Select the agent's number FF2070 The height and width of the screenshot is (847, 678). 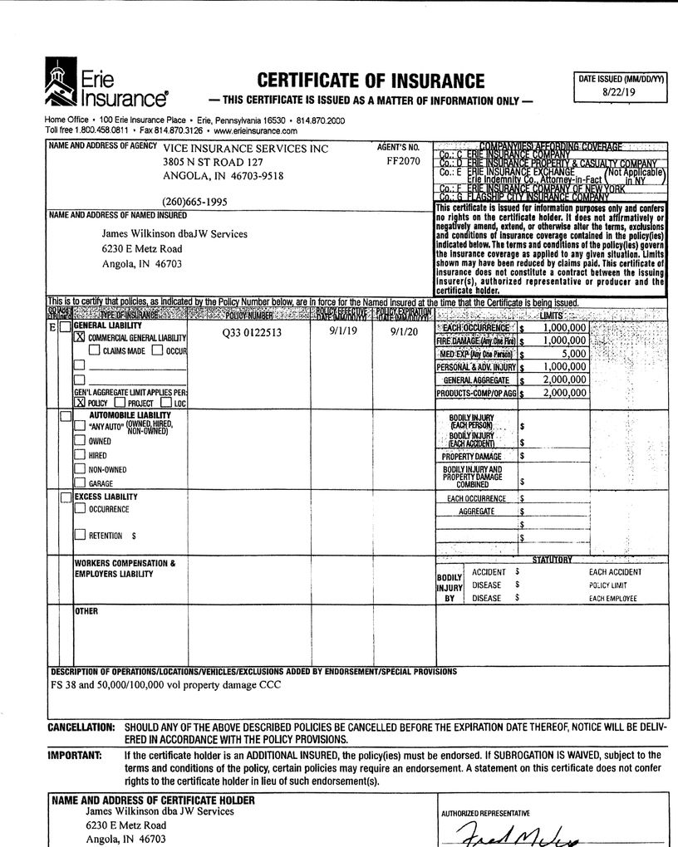click(x=404, y=161)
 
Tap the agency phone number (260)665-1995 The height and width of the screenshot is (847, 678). click(x=194, y=202)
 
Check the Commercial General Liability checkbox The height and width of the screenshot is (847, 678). click(x=81, y=338)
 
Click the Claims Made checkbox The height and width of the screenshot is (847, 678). click(x=95, y=350)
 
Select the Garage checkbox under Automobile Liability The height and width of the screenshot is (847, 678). click(x=80, y=482)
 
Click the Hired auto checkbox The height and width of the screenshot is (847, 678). click(x=80, y=455)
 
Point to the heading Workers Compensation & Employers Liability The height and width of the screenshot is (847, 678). click(x=125, y=569)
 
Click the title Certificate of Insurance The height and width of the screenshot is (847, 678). click(x=371, y=81)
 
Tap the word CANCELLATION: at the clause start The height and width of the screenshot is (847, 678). click(x=81, y=727)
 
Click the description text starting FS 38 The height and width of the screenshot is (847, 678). click(x=166, y=685)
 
